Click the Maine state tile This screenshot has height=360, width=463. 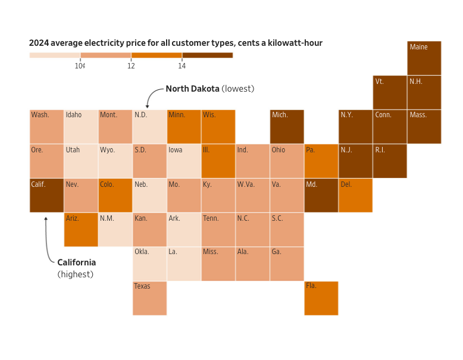[424, 58]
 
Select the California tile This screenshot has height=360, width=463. [46, 195]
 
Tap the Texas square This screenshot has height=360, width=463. [149, 298]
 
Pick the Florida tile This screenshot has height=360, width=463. [321, 298]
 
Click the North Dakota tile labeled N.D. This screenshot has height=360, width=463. [149, 126]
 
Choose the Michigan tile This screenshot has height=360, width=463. [287, 126]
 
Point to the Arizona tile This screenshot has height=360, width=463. [81, 230]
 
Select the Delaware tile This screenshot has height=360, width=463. [356, 195]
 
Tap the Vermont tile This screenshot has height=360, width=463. [390, 92]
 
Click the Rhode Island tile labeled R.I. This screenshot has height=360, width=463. [390, 161]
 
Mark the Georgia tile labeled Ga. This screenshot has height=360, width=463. [287, 264]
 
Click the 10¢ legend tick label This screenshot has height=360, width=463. [80, 66]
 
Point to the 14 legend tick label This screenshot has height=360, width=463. [182, 66]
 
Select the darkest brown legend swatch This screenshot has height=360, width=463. [207, 55]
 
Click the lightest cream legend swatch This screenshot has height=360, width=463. [55, 55]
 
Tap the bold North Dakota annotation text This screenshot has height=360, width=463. [192, 89]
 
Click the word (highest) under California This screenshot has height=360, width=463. [75, 274]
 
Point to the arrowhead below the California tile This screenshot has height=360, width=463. [46, 218]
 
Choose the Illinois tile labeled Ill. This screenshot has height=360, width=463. [218, 161]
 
